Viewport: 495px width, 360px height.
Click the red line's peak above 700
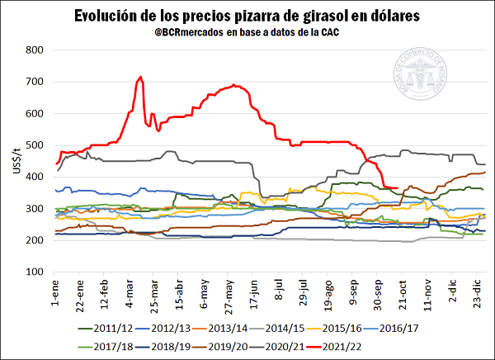click(x=141, y=78)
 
